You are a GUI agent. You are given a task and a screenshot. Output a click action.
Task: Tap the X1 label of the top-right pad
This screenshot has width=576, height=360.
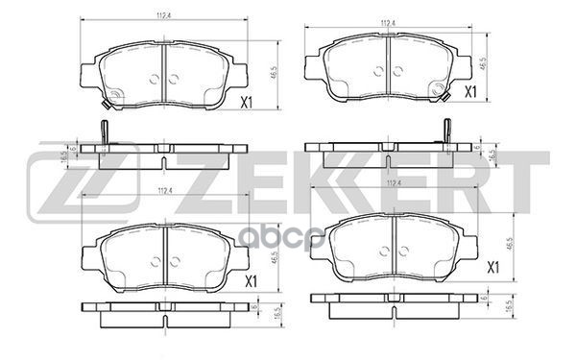click(470, 92)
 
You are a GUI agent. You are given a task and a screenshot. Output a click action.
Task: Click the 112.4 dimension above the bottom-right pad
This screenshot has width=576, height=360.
click(392, 183)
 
